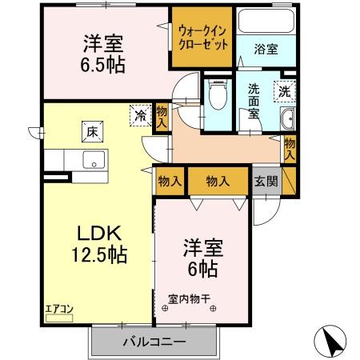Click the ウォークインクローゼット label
click(x=202, y=36)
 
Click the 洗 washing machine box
click(x=286, y=91)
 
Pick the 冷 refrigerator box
click(x=141, y=115)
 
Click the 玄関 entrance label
click(x=266, y=181)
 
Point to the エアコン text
click(x=58, y=307)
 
